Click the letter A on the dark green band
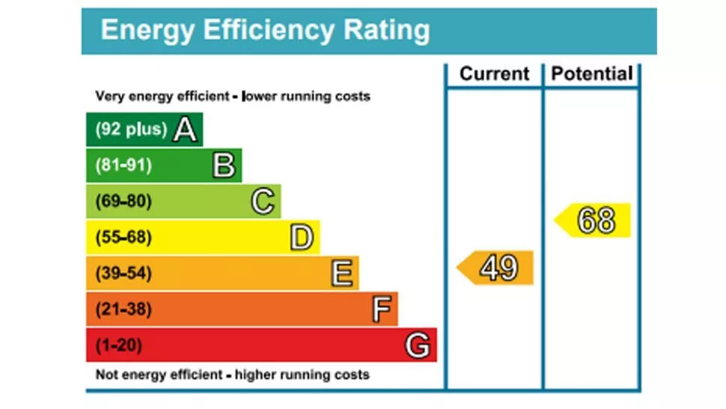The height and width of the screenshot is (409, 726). pyautogui.click(x=185, y=130)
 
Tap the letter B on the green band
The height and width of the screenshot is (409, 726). pyautogui.click(x=224, y=166)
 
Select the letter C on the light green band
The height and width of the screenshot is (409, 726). pyautogui.click(x=263, y=202)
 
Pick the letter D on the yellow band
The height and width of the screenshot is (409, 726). pyautogui.click(x=302, y=237)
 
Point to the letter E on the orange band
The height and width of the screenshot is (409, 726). pyautogui.click(x=341, y=273)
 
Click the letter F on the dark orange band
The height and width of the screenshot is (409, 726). pyautogui.click(x=381, y=309)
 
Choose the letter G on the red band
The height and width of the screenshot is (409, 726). pyautogui.click(x=418, y=345)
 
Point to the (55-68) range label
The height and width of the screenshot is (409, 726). pyautogui.click(x=123, y=237)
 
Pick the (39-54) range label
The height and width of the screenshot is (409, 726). pyautogui.click(x=123, y=273)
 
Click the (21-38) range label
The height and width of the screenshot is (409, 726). pyautogui.click(x=123, y=309)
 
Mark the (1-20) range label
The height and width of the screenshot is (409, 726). pyautogui.click(x=119, y=345)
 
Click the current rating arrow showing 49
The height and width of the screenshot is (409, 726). pyautogui.click(x=496, y=267)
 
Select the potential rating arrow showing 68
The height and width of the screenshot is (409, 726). pyautogui.click(x=594, y=220)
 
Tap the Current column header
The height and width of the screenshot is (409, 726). pyautogui.click(x=494, y=74)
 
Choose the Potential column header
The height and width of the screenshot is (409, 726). pyautogui.click(x=592, y=74)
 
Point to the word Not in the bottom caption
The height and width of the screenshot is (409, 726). pyautogui.click(x=107, y=375)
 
